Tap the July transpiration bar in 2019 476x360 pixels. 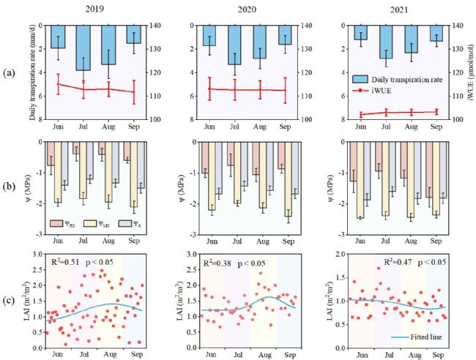[x=83, y=48]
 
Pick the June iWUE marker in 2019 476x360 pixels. [x=58, y=84]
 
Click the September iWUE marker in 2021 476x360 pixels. [x=436, y=112]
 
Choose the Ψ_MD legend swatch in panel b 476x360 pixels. [x=89, y=220]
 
